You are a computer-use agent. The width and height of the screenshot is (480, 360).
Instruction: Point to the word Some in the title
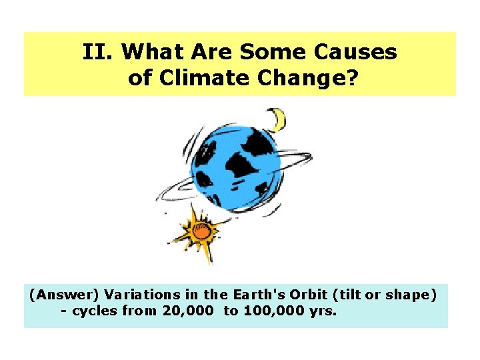point(269,52)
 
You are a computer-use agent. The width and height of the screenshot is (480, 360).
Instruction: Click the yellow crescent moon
point(277,120)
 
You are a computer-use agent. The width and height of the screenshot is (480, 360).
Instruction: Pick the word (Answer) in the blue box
point(58,295)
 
